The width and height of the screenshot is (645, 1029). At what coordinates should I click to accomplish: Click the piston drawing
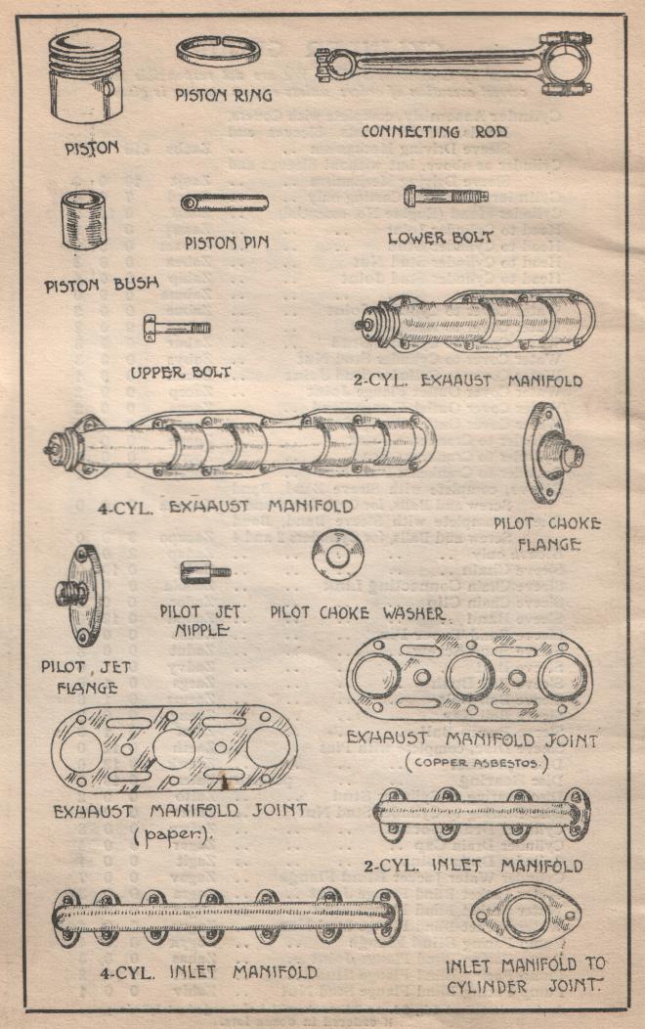87,77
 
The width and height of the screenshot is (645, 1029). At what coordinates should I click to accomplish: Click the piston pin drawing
224,202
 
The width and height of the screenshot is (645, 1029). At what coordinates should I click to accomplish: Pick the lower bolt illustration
446,197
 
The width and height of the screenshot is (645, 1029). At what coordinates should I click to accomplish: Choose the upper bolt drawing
175,327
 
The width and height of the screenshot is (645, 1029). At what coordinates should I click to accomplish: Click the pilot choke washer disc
338,555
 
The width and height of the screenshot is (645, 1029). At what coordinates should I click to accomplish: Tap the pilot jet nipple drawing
204,570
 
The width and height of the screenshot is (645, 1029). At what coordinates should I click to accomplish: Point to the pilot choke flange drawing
550,453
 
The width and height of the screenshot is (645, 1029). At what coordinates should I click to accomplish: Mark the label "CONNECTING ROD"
434,131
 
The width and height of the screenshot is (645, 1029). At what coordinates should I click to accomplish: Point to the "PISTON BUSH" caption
102,286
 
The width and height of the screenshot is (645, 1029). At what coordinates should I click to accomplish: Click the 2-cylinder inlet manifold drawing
482,812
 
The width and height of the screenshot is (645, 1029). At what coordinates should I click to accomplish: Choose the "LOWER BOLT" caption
440,237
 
